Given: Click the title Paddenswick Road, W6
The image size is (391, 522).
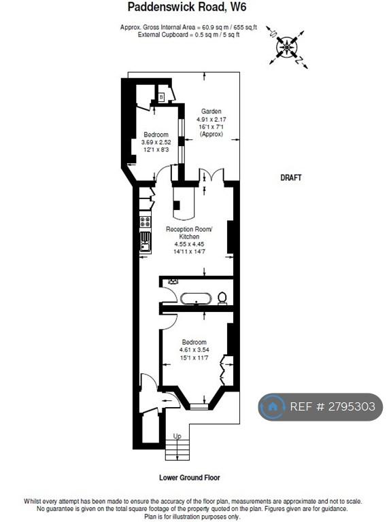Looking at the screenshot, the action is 187,7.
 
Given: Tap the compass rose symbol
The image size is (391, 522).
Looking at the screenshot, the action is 287,48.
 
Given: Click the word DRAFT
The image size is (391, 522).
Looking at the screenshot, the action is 291,178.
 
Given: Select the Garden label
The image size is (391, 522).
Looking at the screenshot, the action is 211,111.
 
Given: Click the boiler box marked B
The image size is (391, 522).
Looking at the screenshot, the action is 162,97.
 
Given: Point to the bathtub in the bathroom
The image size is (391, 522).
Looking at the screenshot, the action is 196,298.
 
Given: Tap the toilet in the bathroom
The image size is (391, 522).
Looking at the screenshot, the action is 222,298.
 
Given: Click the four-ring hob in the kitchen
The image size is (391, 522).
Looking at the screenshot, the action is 146,222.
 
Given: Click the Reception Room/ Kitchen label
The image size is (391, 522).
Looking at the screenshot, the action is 189,232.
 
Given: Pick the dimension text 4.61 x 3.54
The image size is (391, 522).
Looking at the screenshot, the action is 194,350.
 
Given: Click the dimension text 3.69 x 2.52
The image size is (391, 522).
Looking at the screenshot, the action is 156,142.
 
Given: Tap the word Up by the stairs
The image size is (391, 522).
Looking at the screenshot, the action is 177,436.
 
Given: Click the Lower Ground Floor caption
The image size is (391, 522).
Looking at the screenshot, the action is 190,478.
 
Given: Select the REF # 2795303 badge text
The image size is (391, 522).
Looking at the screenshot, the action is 333,406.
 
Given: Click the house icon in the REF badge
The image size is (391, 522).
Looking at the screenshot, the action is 273,406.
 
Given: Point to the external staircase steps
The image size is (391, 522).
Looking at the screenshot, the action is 177,450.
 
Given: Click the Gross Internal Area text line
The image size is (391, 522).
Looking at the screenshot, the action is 188,27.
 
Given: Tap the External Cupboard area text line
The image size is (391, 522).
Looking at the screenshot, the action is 188,35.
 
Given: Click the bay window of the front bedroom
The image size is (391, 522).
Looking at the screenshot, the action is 199,406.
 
